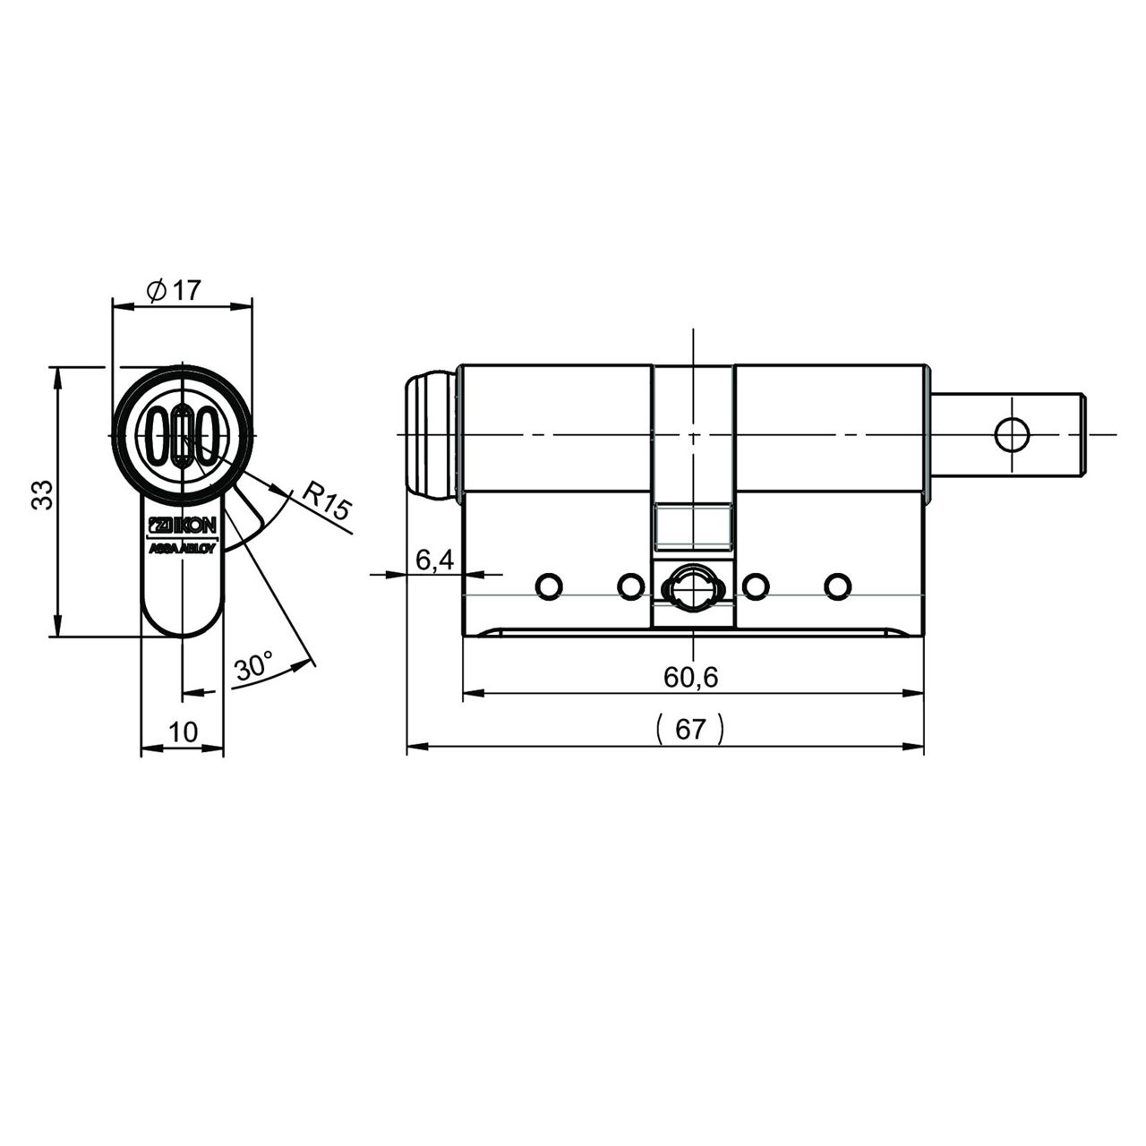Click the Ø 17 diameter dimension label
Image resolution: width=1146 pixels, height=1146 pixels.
click(174, 291)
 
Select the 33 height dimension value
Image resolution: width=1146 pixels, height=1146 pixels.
click(43, 495)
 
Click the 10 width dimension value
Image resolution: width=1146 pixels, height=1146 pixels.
click(184, 732)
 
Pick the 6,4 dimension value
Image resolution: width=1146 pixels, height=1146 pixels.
click(434, 560)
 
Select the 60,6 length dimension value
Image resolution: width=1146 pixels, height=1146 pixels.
click(690, 678)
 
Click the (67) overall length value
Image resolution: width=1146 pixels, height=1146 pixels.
click(690, 729)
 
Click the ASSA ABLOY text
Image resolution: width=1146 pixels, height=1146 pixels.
click(184, 548)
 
